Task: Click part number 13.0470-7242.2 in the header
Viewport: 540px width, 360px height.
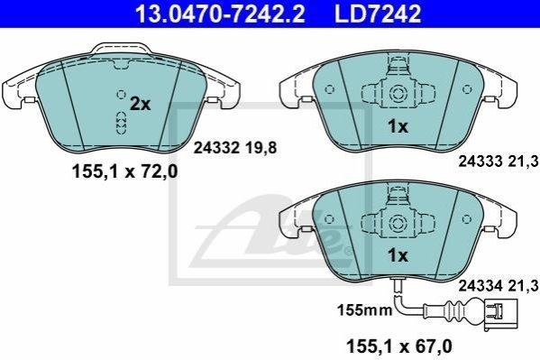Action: (x=220, y=14)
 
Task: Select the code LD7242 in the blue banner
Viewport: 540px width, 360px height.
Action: (x=378, y=14)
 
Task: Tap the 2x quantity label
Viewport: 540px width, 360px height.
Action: (x=140, y=104)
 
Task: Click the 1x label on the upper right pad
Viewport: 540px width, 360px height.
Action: (x=398, y=127)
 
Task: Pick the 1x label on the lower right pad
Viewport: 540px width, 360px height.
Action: (x=398, y=255)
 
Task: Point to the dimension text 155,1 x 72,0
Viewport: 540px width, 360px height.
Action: (x=124, y=171)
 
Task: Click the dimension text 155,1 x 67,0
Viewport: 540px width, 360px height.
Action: (x=399, y=346)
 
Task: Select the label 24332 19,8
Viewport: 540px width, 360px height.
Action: (x=235, y=148)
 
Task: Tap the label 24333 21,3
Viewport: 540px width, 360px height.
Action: (x=498, y=161)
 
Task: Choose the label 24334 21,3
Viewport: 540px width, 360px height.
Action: (x=498, y=285)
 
